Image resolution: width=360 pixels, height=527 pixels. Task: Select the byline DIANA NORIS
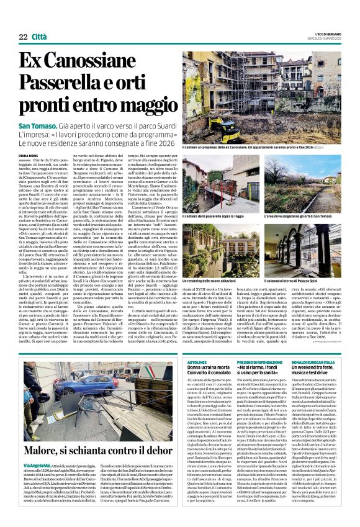click(32, 156)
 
